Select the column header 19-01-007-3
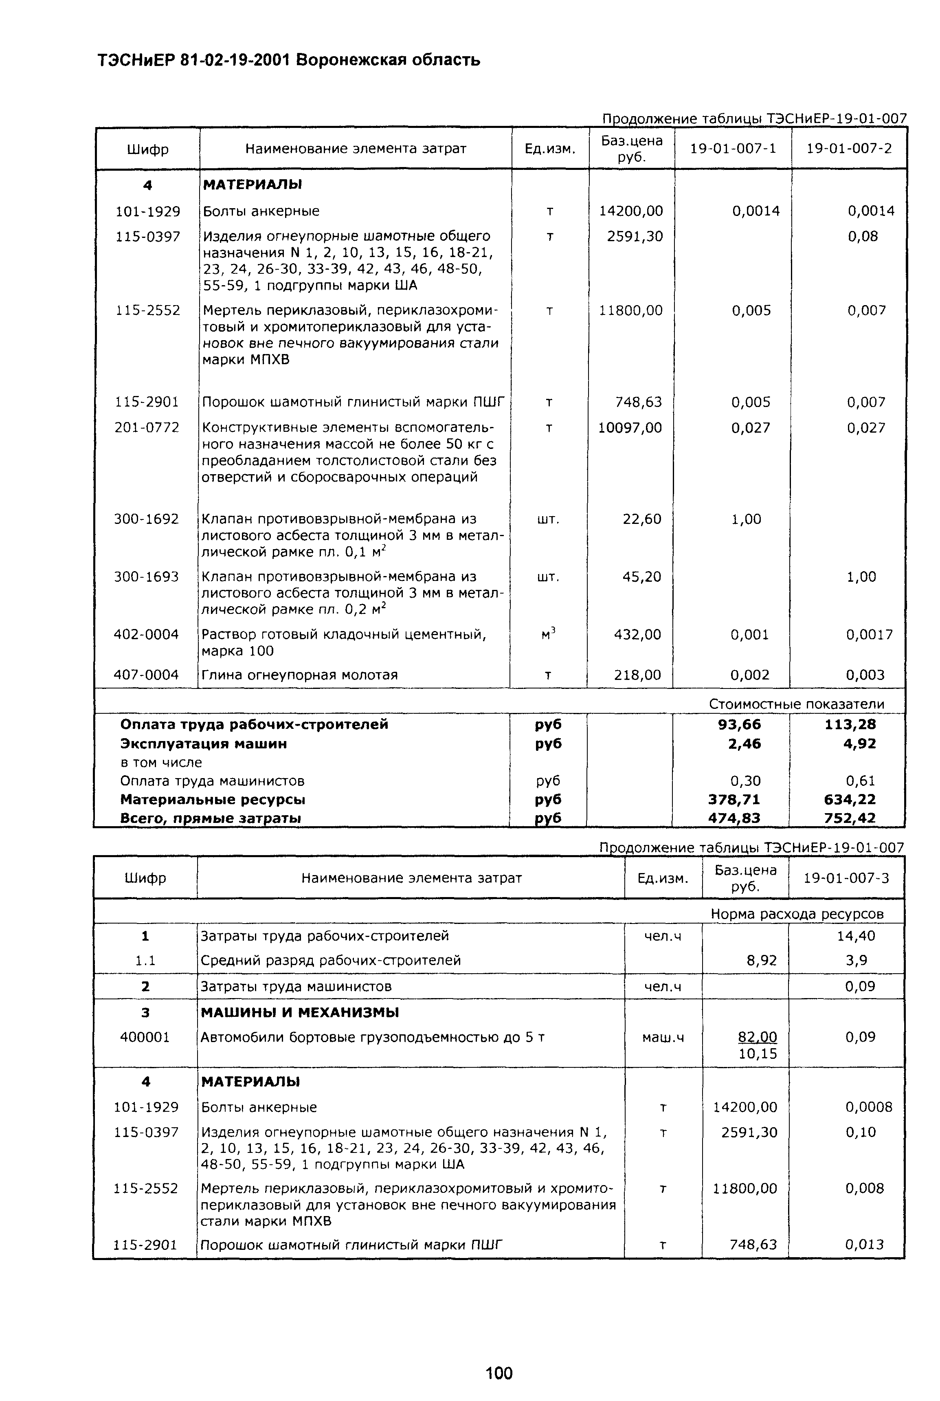(x=846, y=878)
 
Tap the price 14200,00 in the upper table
(x=631, y=211)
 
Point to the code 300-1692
(x=146, y=519)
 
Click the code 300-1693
(x=146, y=577)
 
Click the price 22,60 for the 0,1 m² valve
(x=641, y=519)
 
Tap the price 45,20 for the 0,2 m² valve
(x=641, y=577)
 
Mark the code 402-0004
(x=146, y=634)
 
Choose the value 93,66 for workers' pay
(x=739, y=725)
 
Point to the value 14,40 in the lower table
(x=856, y=936)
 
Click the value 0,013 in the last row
(x=865, y=1245)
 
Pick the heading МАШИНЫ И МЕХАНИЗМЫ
(x=300, y=1012)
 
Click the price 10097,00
(x=630, y=428)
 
